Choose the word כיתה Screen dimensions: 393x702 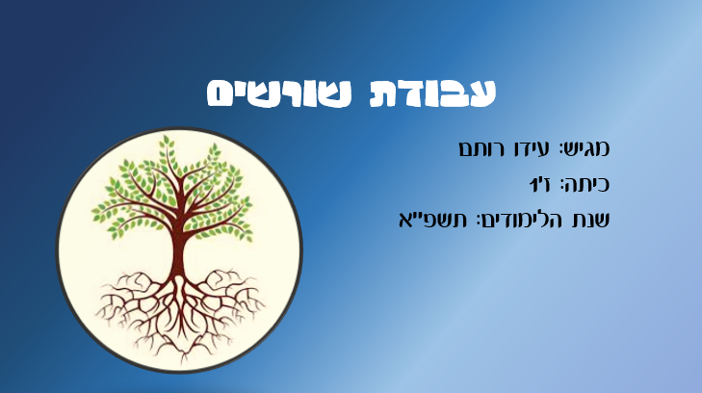[x=588, y=184]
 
